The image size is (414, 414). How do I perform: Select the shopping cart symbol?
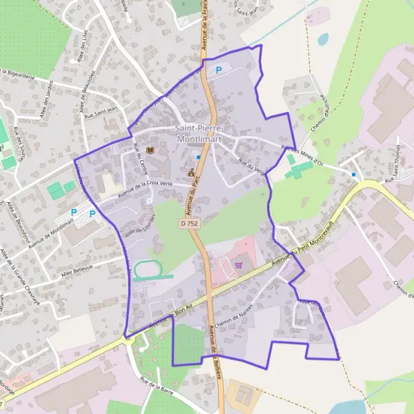coord(239,264)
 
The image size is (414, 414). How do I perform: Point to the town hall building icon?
coord(190,172)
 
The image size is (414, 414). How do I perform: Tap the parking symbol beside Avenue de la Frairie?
coord(219,70)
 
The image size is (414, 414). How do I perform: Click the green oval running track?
coord(147,270)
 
